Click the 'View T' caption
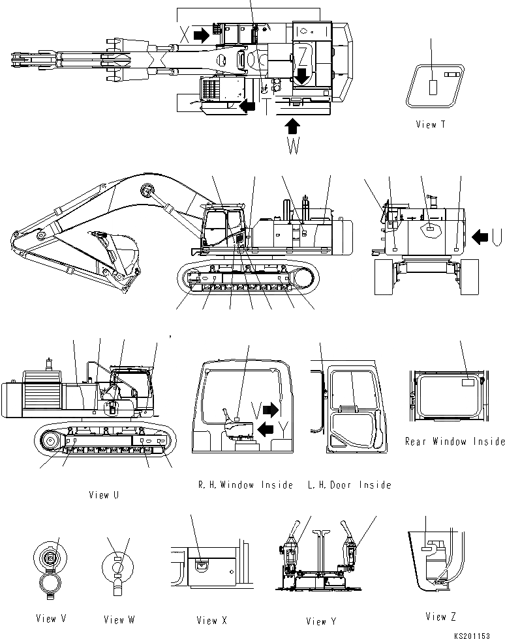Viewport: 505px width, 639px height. point(431,124)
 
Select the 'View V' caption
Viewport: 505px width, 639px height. point(52,619)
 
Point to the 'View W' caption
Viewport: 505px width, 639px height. point(119,619)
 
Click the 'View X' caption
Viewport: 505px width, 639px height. point(211,621)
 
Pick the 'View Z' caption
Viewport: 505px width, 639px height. point(441,617)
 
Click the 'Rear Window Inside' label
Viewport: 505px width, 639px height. point(455,442)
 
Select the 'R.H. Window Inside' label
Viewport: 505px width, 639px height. point(245,485)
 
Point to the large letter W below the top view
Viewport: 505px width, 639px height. point(294,147)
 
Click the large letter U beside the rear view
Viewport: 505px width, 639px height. point(497,236)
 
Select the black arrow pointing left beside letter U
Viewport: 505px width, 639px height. point(480,236)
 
